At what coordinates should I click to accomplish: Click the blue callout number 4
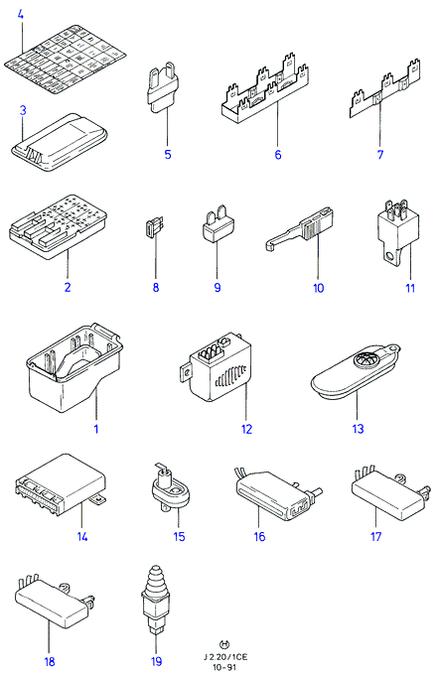(x=20, y=15)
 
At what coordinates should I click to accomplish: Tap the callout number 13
(x=359, y=429)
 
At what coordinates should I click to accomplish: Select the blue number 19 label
(x=156, y=661)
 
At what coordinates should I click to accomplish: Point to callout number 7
(x=379, y=154)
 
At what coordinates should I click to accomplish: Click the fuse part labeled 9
(x=217, y=223)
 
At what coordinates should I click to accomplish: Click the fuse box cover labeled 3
(x=59, y=142)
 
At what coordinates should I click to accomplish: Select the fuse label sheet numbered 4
(x=65, y=60)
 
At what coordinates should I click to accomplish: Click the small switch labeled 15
(x=171, y=488)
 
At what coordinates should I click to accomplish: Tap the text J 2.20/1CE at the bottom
(x=225, y=657)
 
